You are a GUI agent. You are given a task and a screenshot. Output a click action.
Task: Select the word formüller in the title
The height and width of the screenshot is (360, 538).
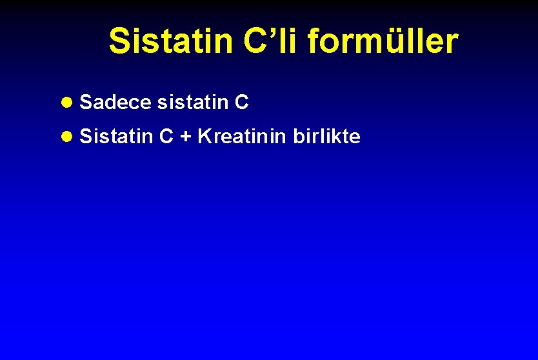coord(383,41)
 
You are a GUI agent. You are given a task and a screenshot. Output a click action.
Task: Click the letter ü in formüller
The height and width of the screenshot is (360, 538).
coord(389,42)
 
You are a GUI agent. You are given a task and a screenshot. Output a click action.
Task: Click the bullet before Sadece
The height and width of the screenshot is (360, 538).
coord(68,103)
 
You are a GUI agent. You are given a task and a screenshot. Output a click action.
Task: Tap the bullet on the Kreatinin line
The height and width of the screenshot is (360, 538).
coord(68,137)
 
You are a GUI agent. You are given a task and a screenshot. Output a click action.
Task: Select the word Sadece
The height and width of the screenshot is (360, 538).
coord(115,102)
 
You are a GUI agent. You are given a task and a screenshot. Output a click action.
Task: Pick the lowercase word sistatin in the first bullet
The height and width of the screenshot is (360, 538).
coord(192,102)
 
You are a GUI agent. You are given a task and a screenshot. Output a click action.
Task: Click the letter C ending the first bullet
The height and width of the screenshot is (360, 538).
coord(242,102)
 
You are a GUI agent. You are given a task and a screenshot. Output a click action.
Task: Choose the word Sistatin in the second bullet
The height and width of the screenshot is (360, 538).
coord(117,137)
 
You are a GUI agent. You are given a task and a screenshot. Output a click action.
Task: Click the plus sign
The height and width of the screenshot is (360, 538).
coord(185,137)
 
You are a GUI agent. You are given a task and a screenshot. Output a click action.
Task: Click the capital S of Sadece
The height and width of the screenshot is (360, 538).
coord(86,102)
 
